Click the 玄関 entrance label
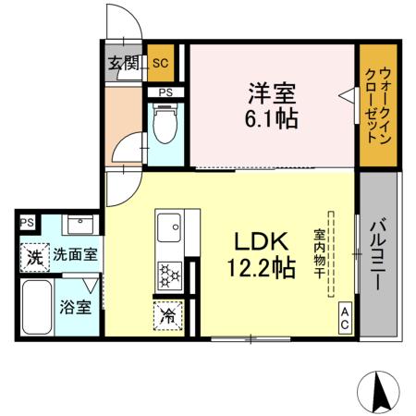(123, 64)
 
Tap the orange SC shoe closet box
(159, 64)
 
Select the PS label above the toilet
(165, 92)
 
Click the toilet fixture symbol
(165, 127)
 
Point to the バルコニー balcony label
(380, 253)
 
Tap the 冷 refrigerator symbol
(169, 315)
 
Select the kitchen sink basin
(169, 225)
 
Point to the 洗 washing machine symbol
(35, 256)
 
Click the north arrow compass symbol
(380, 391)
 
